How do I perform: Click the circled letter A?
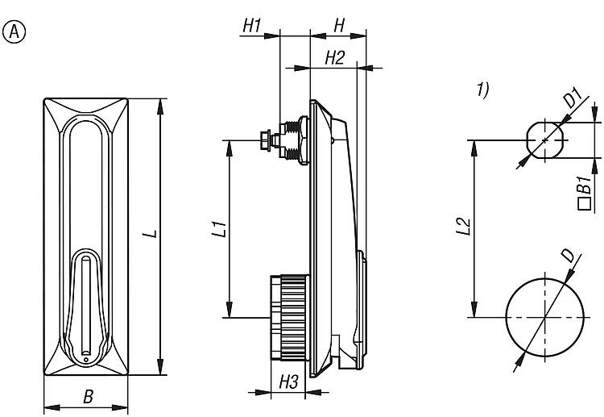(14, 32)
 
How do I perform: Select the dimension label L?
(152, 234)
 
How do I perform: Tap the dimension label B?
(89, 397)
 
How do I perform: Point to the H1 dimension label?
(252, 26)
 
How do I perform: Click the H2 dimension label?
(334, 58)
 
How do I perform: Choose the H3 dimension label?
(288, 382)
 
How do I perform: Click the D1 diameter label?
(573, 98)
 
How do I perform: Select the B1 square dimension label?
(585, 193)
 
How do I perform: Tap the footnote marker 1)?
(483, 89)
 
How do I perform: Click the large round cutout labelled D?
(544, 318)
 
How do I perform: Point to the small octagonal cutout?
(545, 140)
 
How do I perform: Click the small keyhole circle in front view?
(86, 360)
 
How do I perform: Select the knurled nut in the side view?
(293, 318)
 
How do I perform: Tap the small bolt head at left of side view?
(265, 140)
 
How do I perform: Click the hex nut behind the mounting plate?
(303, 140)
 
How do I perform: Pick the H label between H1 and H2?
(339, 26)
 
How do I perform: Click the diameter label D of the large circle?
(568, 256)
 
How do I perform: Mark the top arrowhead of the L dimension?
(160, 106)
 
